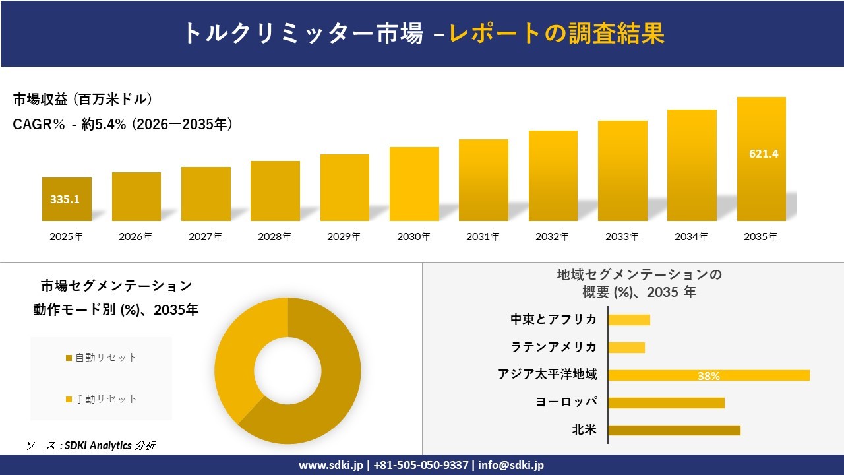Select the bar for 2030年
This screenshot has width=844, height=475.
pos(414,184)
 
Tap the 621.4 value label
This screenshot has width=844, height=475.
pos(764,154)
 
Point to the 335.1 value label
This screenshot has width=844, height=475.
pos(65,199)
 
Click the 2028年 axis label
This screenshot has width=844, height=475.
pos(274,236)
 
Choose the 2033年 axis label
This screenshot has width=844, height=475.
pos(622,236)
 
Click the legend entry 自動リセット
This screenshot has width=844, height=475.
pos(105,358)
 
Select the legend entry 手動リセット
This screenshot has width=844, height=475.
pos(105,399)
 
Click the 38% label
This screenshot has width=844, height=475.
pos(708,376)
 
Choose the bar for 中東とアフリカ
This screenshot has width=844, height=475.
pos(629,320)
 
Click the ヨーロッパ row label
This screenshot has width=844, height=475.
pos(566,402)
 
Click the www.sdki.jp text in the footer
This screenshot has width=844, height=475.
pos(330,465)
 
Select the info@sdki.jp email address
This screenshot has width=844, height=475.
pos(511,465)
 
